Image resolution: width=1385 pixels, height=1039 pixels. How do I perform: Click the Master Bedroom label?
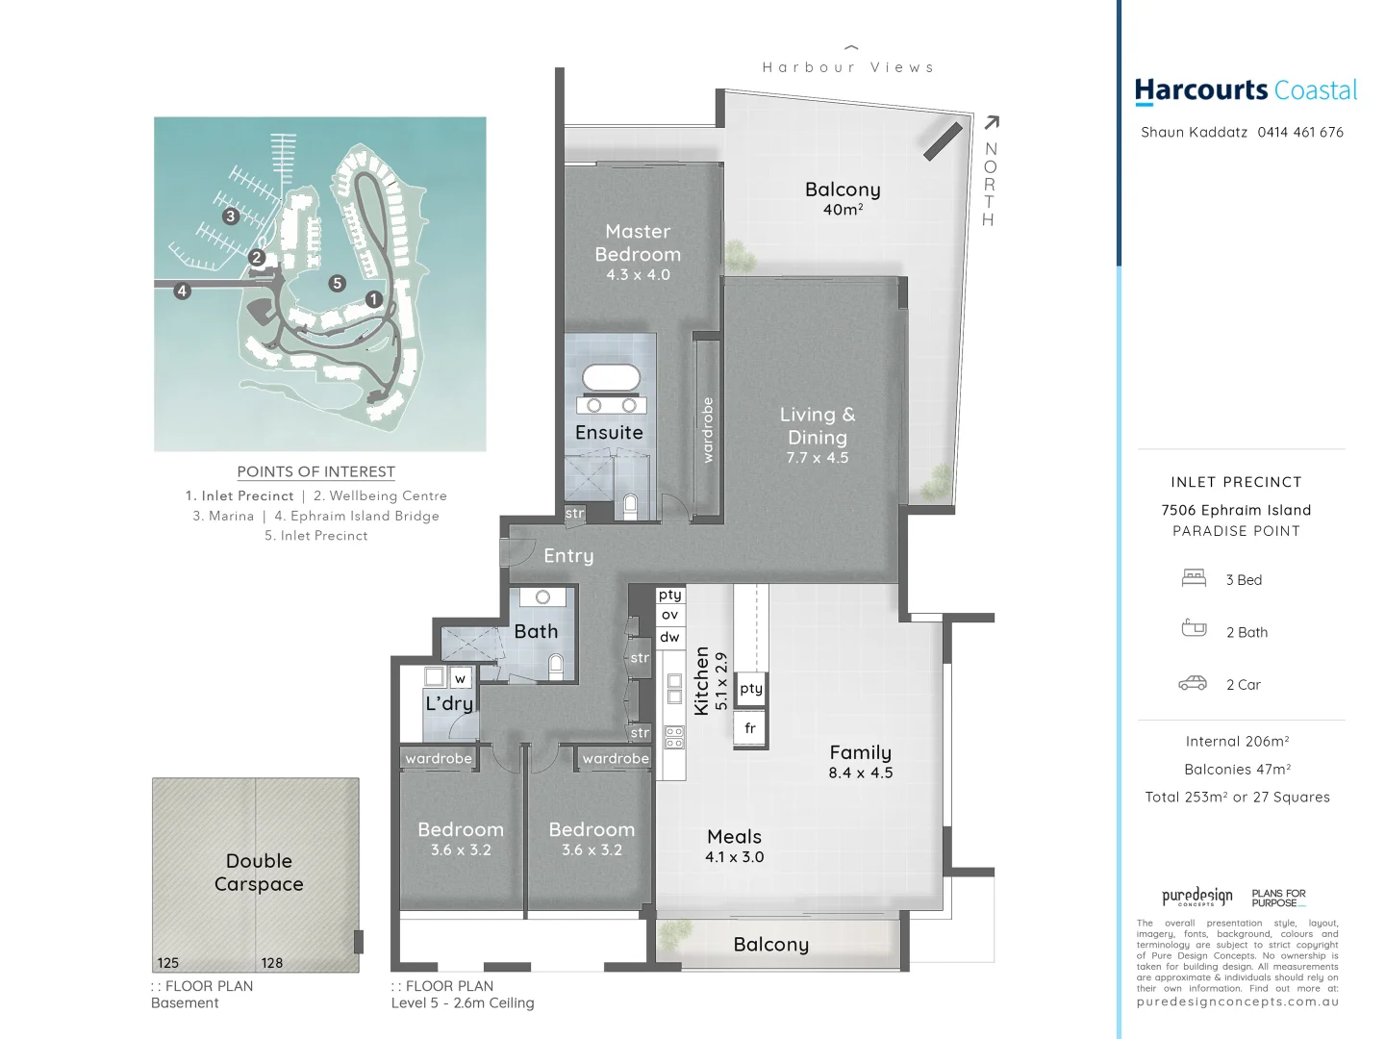point(638,242)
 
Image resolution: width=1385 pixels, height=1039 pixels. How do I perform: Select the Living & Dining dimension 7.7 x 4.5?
point(818,458)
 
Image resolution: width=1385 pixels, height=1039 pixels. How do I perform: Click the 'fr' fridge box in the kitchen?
point(750,728)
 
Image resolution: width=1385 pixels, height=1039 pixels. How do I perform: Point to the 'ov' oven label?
point(670,615)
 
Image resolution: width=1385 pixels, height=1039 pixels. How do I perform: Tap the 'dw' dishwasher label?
point(670,637)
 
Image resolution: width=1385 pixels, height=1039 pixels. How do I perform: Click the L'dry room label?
point(449,703)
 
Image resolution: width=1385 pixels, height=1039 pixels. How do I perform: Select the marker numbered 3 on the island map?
point(230,216)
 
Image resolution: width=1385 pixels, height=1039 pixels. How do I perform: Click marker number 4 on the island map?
point(183,291)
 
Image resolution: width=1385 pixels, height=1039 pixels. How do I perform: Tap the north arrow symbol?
point(992,122)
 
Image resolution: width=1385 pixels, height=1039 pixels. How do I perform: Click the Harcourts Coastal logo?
point(1246,91)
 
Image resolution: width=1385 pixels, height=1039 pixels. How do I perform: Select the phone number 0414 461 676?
point(1300,133)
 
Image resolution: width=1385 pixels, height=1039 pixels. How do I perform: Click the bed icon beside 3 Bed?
point(1194,578)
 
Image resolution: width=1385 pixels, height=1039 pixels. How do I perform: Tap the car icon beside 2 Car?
point(1193,683)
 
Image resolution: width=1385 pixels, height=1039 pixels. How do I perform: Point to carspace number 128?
point(271,963)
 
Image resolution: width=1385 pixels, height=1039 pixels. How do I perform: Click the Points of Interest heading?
point(315,471)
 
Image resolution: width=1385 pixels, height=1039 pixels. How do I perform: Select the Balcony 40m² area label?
point(843,198)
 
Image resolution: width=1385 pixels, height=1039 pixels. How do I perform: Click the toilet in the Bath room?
point(555,666)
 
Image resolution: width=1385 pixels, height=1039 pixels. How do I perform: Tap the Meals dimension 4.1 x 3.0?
point(734,857)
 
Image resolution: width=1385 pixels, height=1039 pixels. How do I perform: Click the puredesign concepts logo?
point(1196,898)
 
